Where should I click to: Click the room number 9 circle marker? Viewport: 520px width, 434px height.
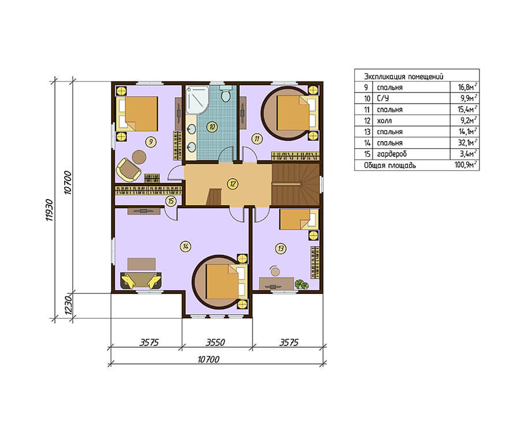coord(151,142)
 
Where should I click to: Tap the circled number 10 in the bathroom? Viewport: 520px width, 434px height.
coord(212,127)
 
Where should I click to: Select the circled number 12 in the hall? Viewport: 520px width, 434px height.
coord(233,183)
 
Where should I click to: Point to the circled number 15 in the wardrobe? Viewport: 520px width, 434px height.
coord(171,201)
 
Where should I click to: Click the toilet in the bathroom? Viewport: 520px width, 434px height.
coord(226,94)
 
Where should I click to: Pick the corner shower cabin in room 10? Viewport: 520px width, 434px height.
coord(197,100)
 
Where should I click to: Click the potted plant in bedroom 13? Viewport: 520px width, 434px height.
coord(302,285)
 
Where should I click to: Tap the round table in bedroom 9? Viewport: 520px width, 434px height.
coord(139,157)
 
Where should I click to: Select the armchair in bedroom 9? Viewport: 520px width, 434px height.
coord(128,170)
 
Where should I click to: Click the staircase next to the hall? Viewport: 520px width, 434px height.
coord(295,184)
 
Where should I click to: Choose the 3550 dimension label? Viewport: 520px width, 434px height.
coord(216,342)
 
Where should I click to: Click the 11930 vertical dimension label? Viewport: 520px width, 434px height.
coord(49,210)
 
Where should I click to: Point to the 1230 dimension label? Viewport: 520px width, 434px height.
coord(68,305)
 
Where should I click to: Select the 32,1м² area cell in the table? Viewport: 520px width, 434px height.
coord(467,142)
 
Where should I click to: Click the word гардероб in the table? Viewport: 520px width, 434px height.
coord(392,154)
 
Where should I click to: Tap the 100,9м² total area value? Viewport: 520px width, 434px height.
coord(466,165)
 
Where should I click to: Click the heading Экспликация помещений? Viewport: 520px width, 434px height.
coord(404,76)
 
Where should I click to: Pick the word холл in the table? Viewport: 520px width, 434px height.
coord(384,120)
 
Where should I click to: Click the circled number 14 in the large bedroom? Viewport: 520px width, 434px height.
coord(185,247)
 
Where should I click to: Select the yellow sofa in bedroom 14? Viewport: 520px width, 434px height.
coord(141,281)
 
